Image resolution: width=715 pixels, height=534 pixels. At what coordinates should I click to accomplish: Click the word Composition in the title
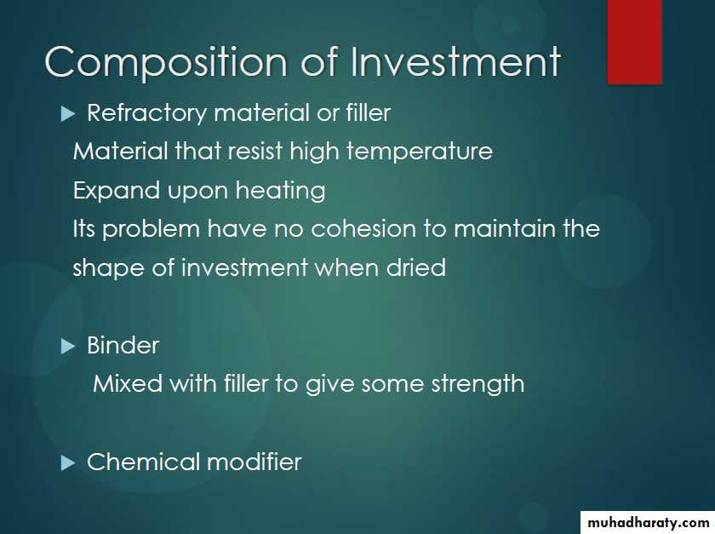click(x=166, y=62)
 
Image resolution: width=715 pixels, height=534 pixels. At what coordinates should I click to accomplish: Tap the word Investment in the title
click(x=455, y=61)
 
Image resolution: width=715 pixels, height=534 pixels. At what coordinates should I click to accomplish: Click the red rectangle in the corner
click(x=635, y=42)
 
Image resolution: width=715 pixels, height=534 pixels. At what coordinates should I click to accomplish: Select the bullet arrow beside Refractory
click(x=67, y=113)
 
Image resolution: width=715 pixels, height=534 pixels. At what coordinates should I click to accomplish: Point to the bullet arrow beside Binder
click(x=67, y=347)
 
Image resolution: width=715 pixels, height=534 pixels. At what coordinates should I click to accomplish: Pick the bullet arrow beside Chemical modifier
click(x=67, y=463)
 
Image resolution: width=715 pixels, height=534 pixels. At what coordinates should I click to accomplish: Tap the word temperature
click(x=420, y=152)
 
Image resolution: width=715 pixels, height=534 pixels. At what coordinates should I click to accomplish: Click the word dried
click(x=416, y=267)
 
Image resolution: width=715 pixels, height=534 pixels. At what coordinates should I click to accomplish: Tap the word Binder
click(x=123, y=346)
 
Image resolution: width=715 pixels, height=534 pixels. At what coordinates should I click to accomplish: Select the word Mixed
click(x=128, y=383)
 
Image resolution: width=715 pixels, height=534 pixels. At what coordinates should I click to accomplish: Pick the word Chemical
click(x=144, y=462)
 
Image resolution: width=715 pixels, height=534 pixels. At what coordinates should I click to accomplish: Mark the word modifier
click(x=255, y=462)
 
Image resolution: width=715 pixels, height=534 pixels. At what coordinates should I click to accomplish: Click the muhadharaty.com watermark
click(x=649, y=523)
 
